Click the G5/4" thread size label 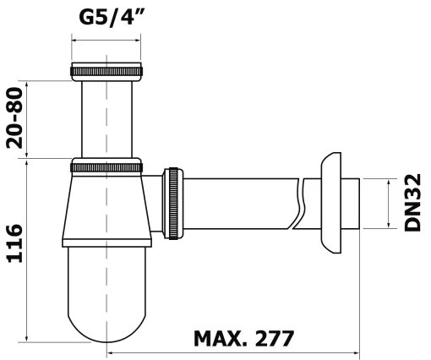click(x=112, y=18)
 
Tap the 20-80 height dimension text click(x=14, y=118)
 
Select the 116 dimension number click(x=14, y=243)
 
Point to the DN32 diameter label click(x=412, y=203)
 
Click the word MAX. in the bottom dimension click(x=221, y=339)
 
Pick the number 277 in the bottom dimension click(x=274, y=339)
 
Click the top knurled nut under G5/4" click(x=106, y=72)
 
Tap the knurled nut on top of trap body click(x=106, y=167)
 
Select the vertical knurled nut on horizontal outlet click(x=173, y=204)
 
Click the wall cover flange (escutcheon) click(x=331, y=204)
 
